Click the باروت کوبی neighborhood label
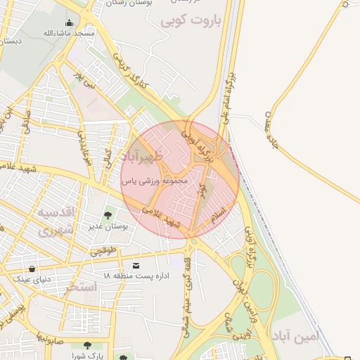(191, 20)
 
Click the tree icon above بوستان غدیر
(108, 215)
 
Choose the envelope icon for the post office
(136, 264)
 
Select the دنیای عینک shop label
(31, 279)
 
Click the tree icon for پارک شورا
(86, 345)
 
